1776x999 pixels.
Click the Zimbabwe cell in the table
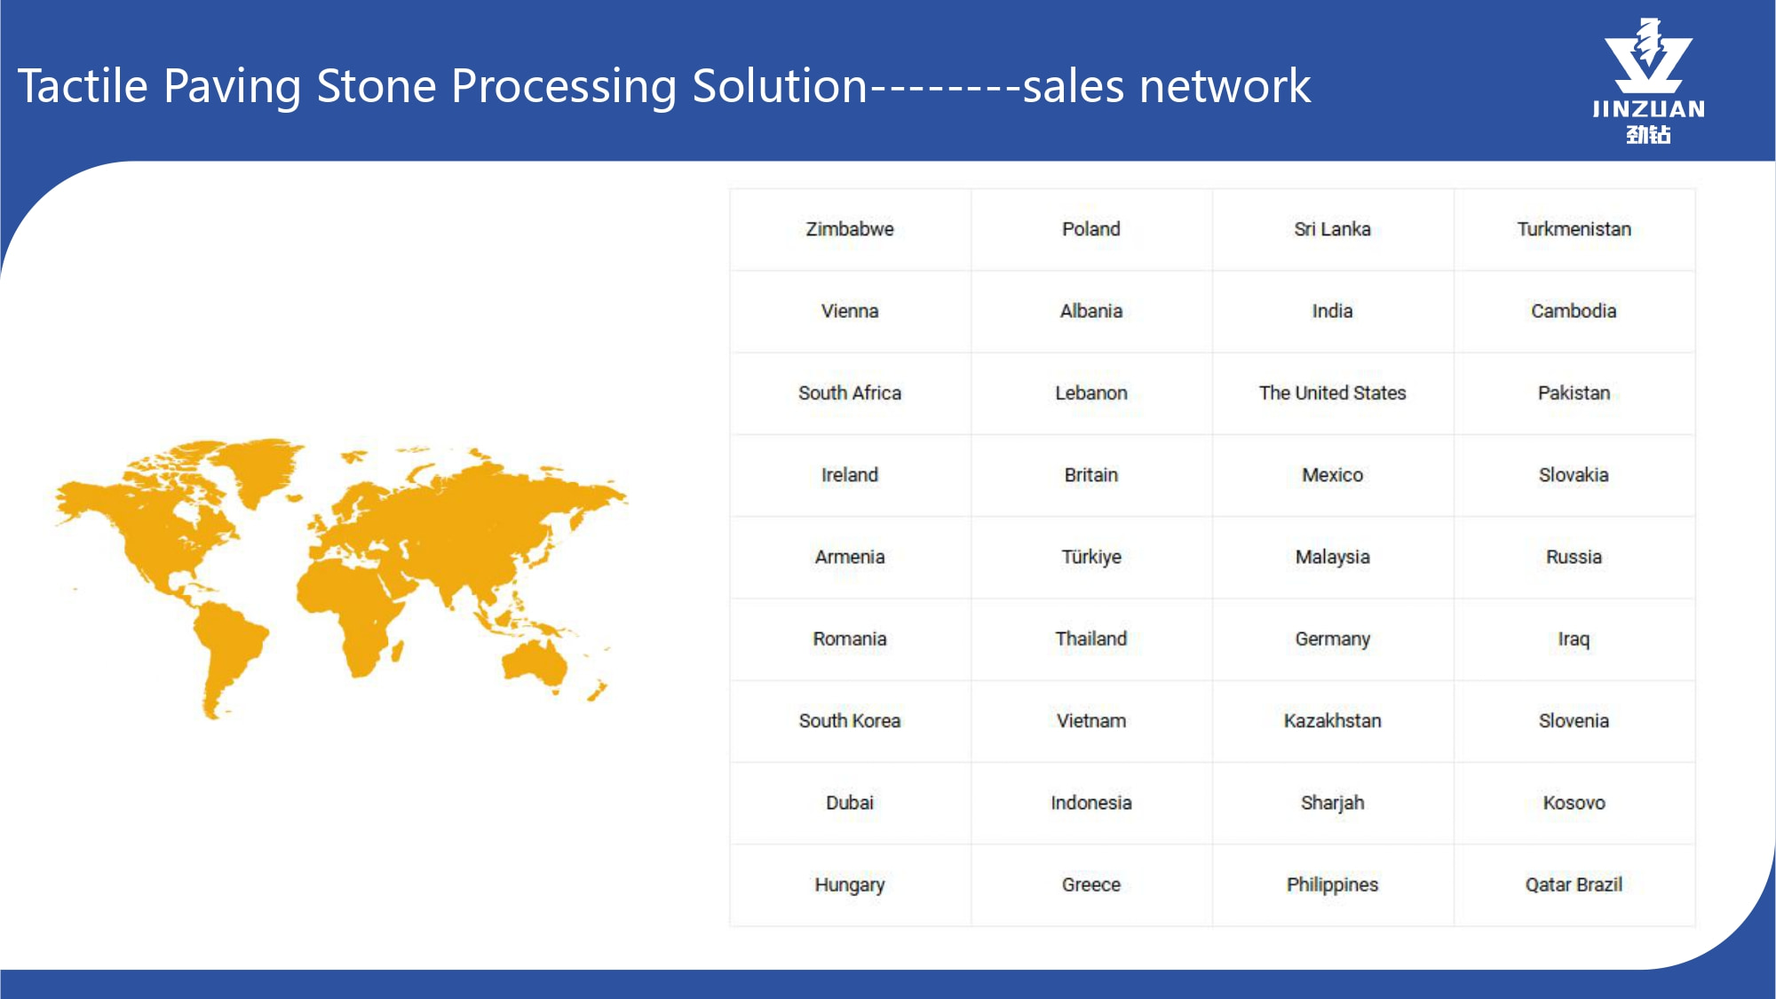(850, 229)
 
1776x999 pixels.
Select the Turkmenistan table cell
(1574, 229)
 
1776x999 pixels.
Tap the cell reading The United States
(1332, 392)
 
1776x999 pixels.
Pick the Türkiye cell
(1091, 557)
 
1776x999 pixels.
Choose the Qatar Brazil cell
(1574, 884)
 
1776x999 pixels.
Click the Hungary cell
(850, 884)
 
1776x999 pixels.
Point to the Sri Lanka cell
(1332, 229)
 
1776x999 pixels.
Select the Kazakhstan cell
(1332, 720)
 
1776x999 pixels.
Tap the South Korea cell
(850, 720)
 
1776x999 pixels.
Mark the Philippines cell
(1332, 884)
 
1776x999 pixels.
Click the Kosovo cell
(1574, 803)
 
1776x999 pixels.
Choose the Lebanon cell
(1091, 392)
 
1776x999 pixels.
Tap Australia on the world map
(535, 663)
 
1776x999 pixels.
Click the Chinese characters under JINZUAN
(1649, 135)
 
